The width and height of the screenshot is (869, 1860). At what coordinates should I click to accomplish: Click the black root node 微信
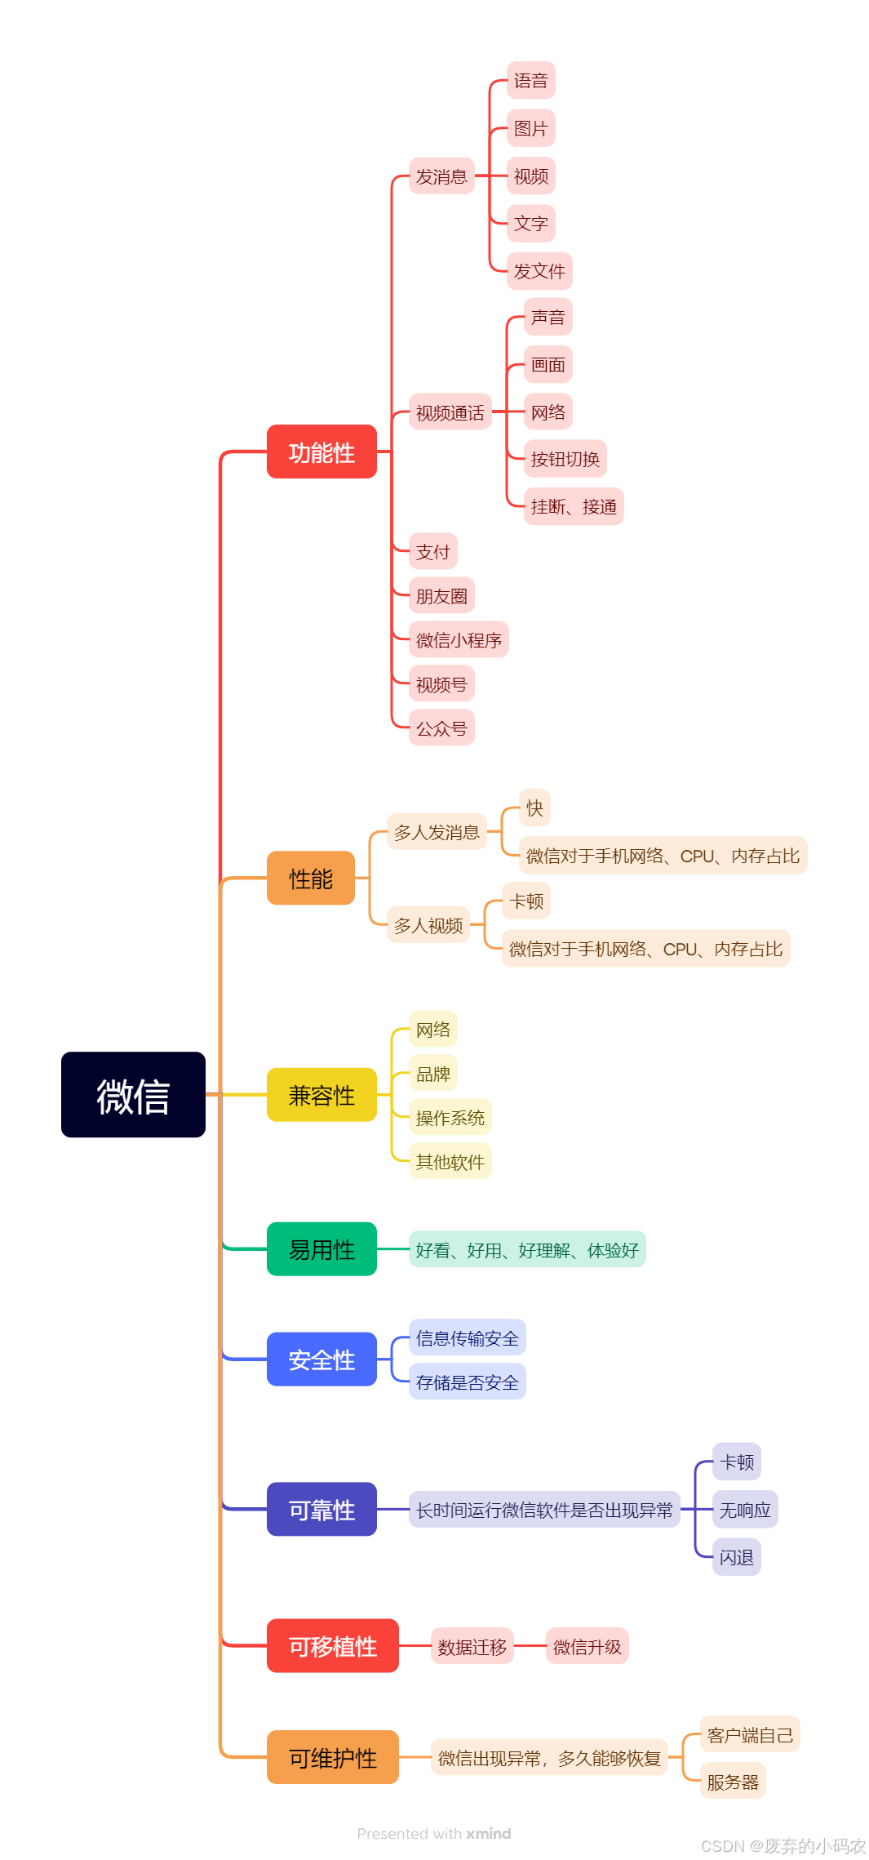[133, 1094]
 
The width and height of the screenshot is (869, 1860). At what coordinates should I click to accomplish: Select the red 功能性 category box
[321, 452]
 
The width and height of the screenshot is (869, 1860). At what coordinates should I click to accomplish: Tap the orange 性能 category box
[311, 878]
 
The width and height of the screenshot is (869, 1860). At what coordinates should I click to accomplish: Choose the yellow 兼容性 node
[321, 1094]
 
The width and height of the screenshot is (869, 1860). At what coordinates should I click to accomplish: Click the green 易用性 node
[321, 1248]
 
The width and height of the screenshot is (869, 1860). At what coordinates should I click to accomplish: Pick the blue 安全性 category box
[321, 1359]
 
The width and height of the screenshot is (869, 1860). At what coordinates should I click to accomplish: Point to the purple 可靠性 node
[321, 1509]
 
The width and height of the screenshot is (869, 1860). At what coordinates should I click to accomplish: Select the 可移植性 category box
[332, 1645]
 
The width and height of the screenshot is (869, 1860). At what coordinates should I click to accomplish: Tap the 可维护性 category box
[332, 1757]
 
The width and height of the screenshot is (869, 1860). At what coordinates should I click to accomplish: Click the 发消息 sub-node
[441, 176]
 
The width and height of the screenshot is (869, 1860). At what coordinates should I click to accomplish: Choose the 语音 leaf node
[530, 80]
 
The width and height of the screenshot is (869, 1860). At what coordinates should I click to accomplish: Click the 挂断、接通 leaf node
[574, 506]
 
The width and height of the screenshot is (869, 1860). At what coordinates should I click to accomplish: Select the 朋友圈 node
[441, 596]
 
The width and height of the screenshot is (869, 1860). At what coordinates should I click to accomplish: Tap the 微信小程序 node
[459, 640]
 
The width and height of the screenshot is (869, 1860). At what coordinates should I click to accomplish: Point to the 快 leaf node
[534, 808]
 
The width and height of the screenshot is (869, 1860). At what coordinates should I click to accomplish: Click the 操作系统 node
[450, 1117]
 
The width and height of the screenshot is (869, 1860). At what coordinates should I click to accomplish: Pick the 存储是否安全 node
[467, 1382]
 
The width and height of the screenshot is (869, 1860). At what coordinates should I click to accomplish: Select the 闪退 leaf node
[736, 1557]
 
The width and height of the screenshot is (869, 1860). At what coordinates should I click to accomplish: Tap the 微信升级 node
[587, 1646]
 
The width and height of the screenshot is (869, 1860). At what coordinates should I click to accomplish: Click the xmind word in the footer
[489, 1833]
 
